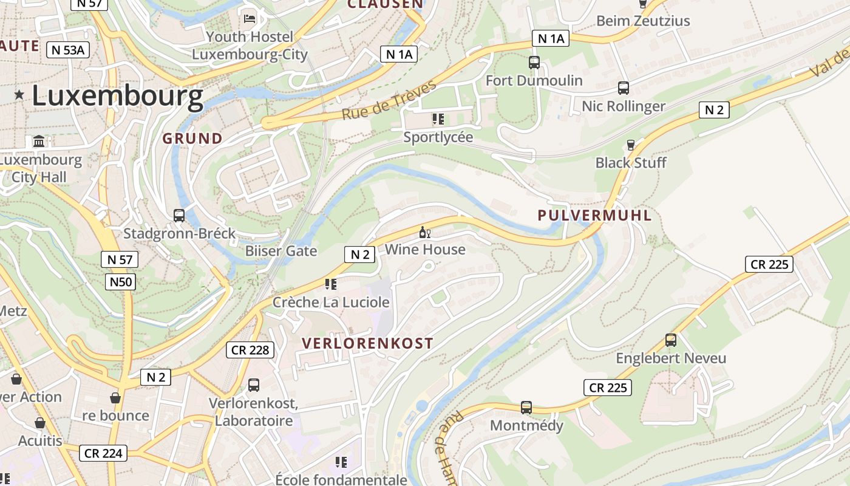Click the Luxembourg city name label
point(117,96)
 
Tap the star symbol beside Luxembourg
point(19,95)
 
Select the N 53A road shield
point(68,50)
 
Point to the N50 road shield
point(120,281)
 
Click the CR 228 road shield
point(250,350)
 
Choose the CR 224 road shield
point(103,453)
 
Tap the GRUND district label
point(192,139)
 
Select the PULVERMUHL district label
point(594,215)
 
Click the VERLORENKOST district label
point(367,343)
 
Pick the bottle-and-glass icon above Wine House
point(424,233)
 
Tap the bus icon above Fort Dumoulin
point(534,63)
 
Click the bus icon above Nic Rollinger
point(624,88)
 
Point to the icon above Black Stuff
point(630,145)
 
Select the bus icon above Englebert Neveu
point(671,340)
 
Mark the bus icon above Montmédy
point(526,408)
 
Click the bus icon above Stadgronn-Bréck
point(179,216)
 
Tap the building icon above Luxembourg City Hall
point(39,142)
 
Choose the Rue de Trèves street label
point(389,100)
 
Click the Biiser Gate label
point(280,251)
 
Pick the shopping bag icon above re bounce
point(115,398)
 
